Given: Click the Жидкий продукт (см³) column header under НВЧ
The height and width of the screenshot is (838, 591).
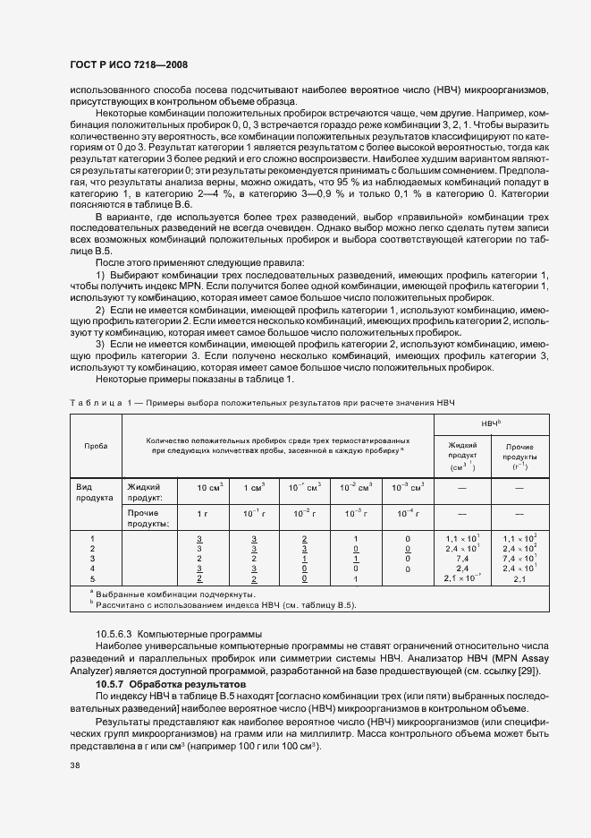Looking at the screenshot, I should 462,457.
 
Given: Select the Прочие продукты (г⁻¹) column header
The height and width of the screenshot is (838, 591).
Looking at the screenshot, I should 519,457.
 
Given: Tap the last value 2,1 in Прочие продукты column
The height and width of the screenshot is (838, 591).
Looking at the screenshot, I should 519,579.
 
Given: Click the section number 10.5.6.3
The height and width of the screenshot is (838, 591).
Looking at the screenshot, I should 117,633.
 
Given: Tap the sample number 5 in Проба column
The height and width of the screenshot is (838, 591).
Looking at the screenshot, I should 93,579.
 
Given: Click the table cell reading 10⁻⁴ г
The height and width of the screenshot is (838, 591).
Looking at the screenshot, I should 408,514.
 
